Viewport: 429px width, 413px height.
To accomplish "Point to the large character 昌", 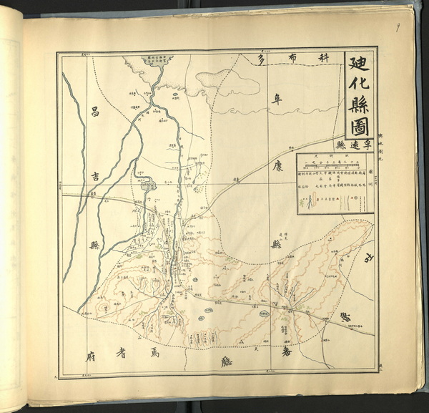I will tap(92, 112).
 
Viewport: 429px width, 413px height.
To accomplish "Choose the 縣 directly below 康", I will tap(275, 243).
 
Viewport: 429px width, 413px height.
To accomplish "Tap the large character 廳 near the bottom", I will tap(227, 361).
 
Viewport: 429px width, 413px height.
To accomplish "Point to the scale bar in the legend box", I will tap(334, 165).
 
